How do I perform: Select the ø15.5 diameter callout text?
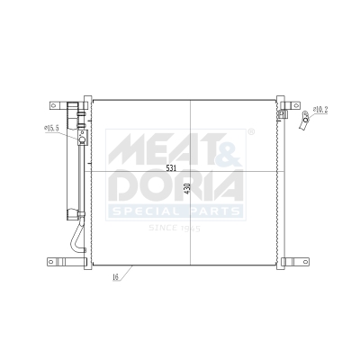tap(51, 129)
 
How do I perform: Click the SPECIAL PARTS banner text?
tap(175, 212)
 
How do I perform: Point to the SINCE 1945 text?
tap(175, 229)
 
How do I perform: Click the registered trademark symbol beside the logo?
tap(250, 131)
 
